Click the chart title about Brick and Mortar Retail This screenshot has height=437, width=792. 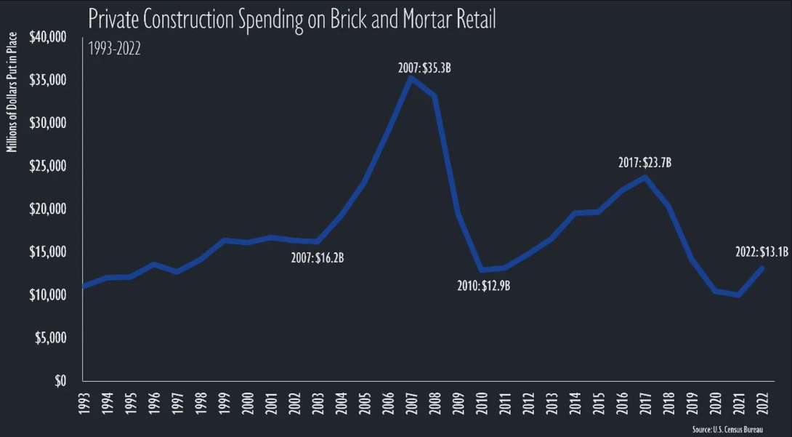coord(291,20)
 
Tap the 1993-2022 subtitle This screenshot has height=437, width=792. coord(114,49)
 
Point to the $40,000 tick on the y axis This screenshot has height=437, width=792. coord(48,37)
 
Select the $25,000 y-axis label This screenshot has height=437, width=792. coord(48,167)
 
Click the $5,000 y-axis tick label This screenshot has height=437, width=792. coord(51,338)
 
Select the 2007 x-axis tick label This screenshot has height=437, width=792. coord(411,403)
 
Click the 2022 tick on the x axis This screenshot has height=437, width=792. coord(761,403)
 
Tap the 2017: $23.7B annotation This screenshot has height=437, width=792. coord(644,163)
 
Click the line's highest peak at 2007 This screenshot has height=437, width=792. coord(411,78)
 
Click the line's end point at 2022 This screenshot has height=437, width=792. coord(761,268)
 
